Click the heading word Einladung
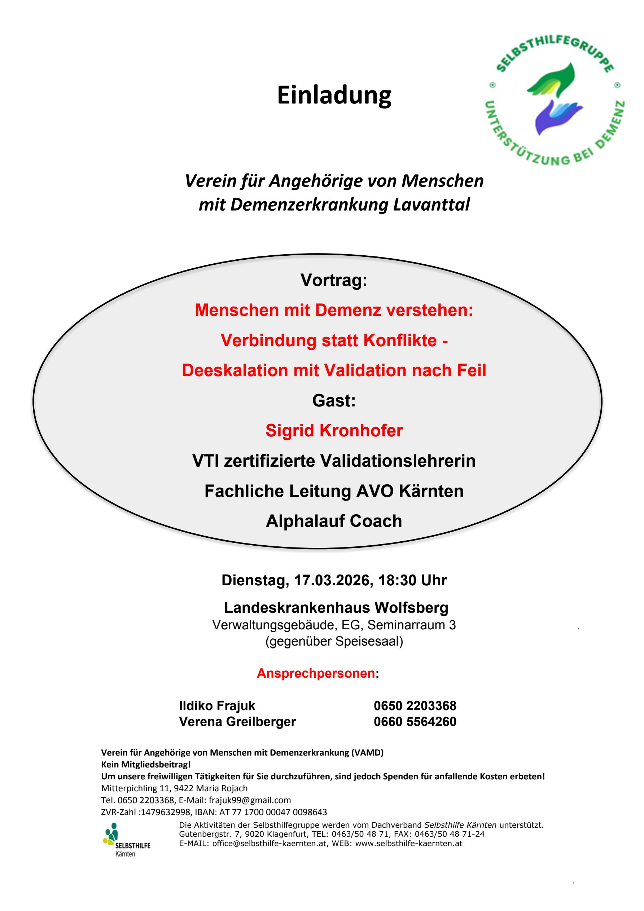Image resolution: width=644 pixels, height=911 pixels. point(334,95)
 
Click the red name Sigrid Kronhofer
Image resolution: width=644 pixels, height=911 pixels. point(334,431)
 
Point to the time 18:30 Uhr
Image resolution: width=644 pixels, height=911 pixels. point(412,580)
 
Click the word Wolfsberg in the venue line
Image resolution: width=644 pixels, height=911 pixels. point(411,607)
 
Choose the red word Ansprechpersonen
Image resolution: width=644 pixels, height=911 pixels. point(316,673)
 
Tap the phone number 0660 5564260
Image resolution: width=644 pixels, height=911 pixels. point(415,721)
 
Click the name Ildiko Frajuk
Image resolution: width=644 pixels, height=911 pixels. point(217,705)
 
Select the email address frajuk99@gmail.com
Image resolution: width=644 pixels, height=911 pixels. point(250,800)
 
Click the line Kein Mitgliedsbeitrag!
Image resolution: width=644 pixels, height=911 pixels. point(146,764)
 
